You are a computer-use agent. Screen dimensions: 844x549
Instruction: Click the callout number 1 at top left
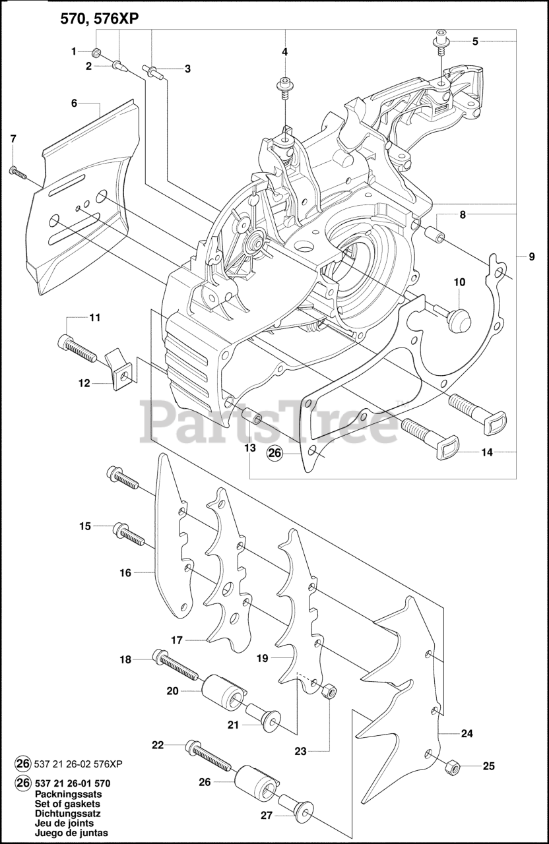(75, 50)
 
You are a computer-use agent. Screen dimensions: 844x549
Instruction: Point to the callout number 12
(84, 383)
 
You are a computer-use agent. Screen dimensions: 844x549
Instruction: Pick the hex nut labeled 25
(452, 767)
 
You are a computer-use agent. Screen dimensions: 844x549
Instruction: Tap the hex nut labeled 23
(328, 691)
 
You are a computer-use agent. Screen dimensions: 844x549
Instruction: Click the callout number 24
(467, 733)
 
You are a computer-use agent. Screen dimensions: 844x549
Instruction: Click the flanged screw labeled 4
(285, 86)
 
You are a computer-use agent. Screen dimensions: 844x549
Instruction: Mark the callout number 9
(532, 256)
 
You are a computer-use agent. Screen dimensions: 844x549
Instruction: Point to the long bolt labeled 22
(208, 756)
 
